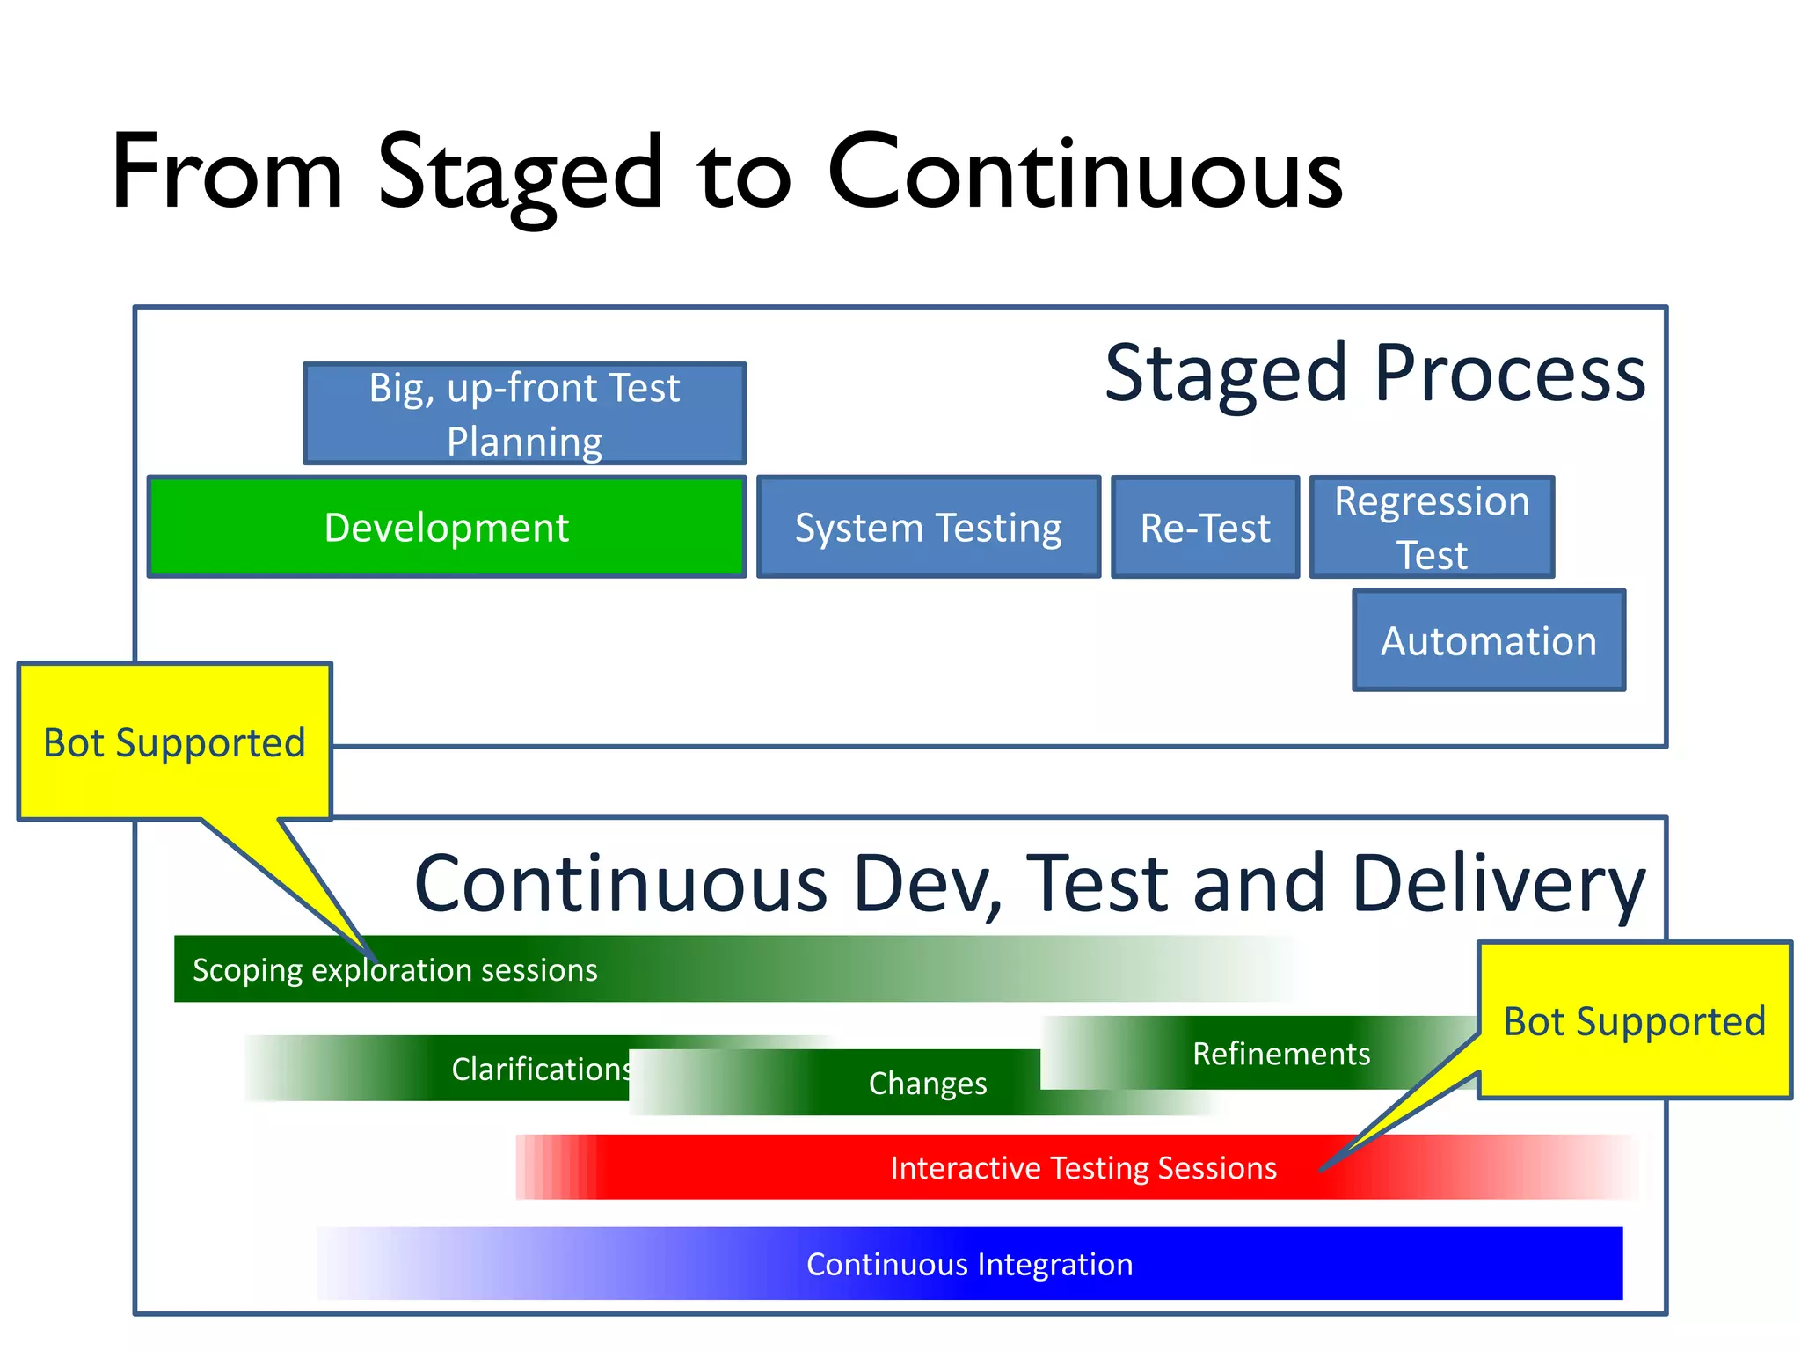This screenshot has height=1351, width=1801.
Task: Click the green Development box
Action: pos(446,528)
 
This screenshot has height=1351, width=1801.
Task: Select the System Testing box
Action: pos(928,528)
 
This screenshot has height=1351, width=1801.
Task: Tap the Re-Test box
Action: pos(1205,528)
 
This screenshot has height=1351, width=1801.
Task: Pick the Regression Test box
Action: pos(1432,528)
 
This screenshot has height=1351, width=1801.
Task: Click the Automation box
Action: pos(1488,640)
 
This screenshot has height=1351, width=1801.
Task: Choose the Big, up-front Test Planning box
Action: pos(524,413)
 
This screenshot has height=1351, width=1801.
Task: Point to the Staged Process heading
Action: pos(1374,373)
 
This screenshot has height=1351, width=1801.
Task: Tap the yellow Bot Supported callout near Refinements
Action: pos(1634,1020)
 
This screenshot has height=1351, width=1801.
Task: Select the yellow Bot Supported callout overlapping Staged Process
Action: pos(174,741)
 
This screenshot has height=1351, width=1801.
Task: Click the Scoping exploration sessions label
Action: pos(395,970)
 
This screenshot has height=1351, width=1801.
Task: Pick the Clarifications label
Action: pos(541,1070)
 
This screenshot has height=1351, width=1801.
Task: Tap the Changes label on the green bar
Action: pos(927,1084)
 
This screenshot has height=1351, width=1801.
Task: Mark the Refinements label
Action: pos(1280,1054)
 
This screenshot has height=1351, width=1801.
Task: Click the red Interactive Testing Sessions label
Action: pos(1083,1168)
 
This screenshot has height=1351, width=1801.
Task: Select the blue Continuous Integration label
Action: pos(969,1264)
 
